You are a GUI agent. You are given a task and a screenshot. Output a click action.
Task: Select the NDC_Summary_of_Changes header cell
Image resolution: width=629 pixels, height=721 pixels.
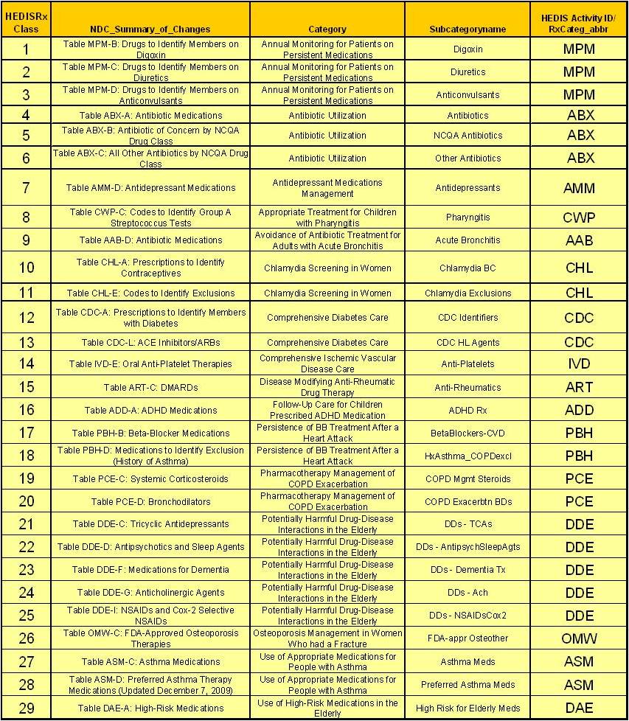coord(150,29)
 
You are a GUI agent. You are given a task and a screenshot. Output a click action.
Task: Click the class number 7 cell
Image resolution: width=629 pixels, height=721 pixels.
coord(27,187)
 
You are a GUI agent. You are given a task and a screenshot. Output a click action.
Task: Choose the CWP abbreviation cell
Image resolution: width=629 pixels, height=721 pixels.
coord(579,217)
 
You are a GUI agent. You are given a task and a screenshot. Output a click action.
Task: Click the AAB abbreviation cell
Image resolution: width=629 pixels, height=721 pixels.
coord(579,240)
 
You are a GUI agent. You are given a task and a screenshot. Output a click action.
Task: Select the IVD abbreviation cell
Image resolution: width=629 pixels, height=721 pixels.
coord(579,363)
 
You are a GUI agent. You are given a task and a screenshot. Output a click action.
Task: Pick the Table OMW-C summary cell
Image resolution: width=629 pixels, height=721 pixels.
coord(150,638)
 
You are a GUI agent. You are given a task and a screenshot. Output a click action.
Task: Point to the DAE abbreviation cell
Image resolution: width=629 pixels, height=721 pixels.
coord(579,708)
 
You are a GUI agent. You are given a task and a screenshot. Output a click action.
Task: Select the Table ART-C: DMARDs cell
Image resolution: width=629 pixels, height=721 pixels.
coord(150,387)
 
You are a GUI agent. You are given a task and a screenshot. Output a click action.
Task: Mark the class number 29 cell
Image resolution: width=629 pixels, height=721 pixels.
coord(27,708)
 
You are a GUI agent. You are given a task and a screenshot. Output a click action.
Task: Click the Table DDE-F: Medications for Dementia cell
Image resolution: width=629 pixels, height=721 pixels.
coord(150,569)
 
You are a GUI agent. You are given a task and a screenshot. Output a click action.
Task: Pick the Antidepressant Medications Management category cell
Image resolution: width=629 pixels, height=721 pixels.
coord(327,187)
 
